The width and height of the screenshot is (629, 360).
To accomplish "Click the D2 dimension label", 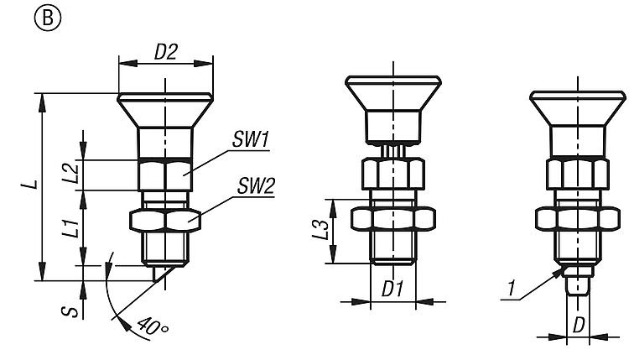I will [165, 51].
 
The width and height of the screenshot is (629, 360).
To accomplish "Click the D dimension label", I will [578, 324].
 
